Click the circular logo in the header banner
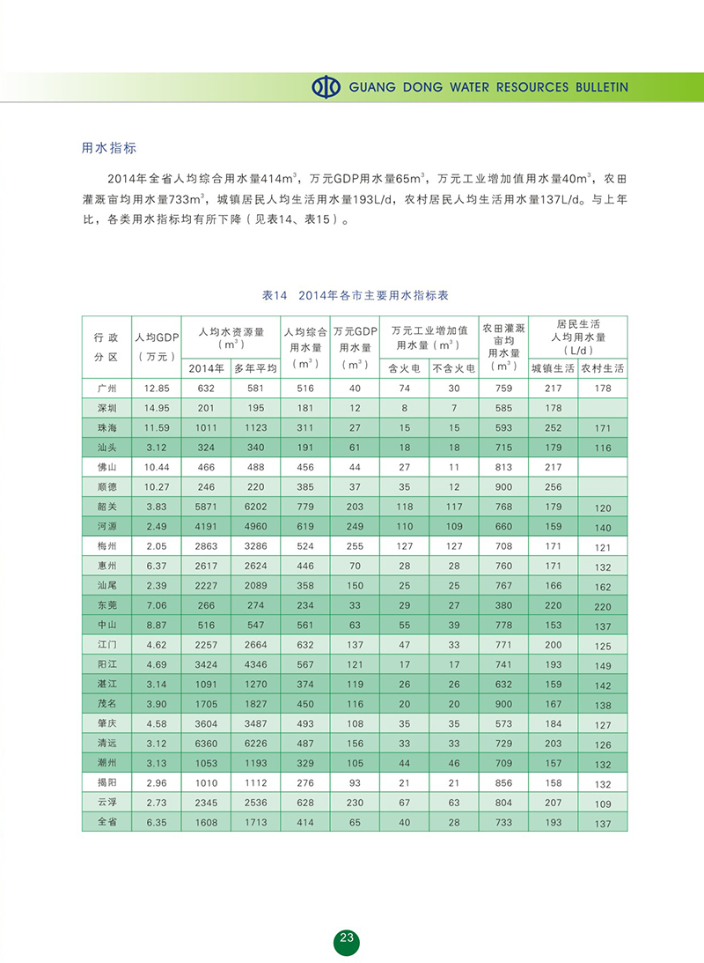tap(326, 87)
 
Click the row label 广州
tap(106, 388)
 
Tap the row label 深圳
tap(106, 408)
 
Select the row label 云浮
tap(106, 803)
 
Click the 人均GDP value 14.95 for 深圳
tap(157, 408)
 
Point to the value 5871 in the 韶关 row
tap(206, 507)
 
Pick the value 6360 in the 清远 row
tap(206, 743)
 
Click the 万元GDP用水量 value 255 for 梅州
tap(355, 546)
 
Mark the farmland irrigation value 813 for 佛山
tap(504, 467)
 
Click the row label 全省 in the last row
tap(106, 822)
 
